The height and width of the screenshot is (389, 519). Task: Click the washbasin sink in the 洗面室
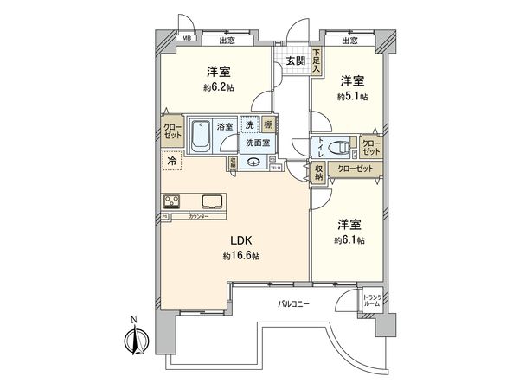point(253,162)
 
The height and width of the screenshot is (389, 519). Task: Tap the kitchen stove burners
point(170,201)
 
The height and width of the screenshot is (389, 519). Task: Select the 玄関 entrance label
point(295,61)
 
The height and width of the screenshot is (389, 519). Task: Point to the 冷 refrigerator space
point(171,161)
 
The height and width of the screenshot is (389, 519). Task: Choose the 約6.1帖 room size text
point(350,239)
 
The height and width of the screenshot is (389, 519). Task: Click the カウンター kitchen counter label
point(198,216)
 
